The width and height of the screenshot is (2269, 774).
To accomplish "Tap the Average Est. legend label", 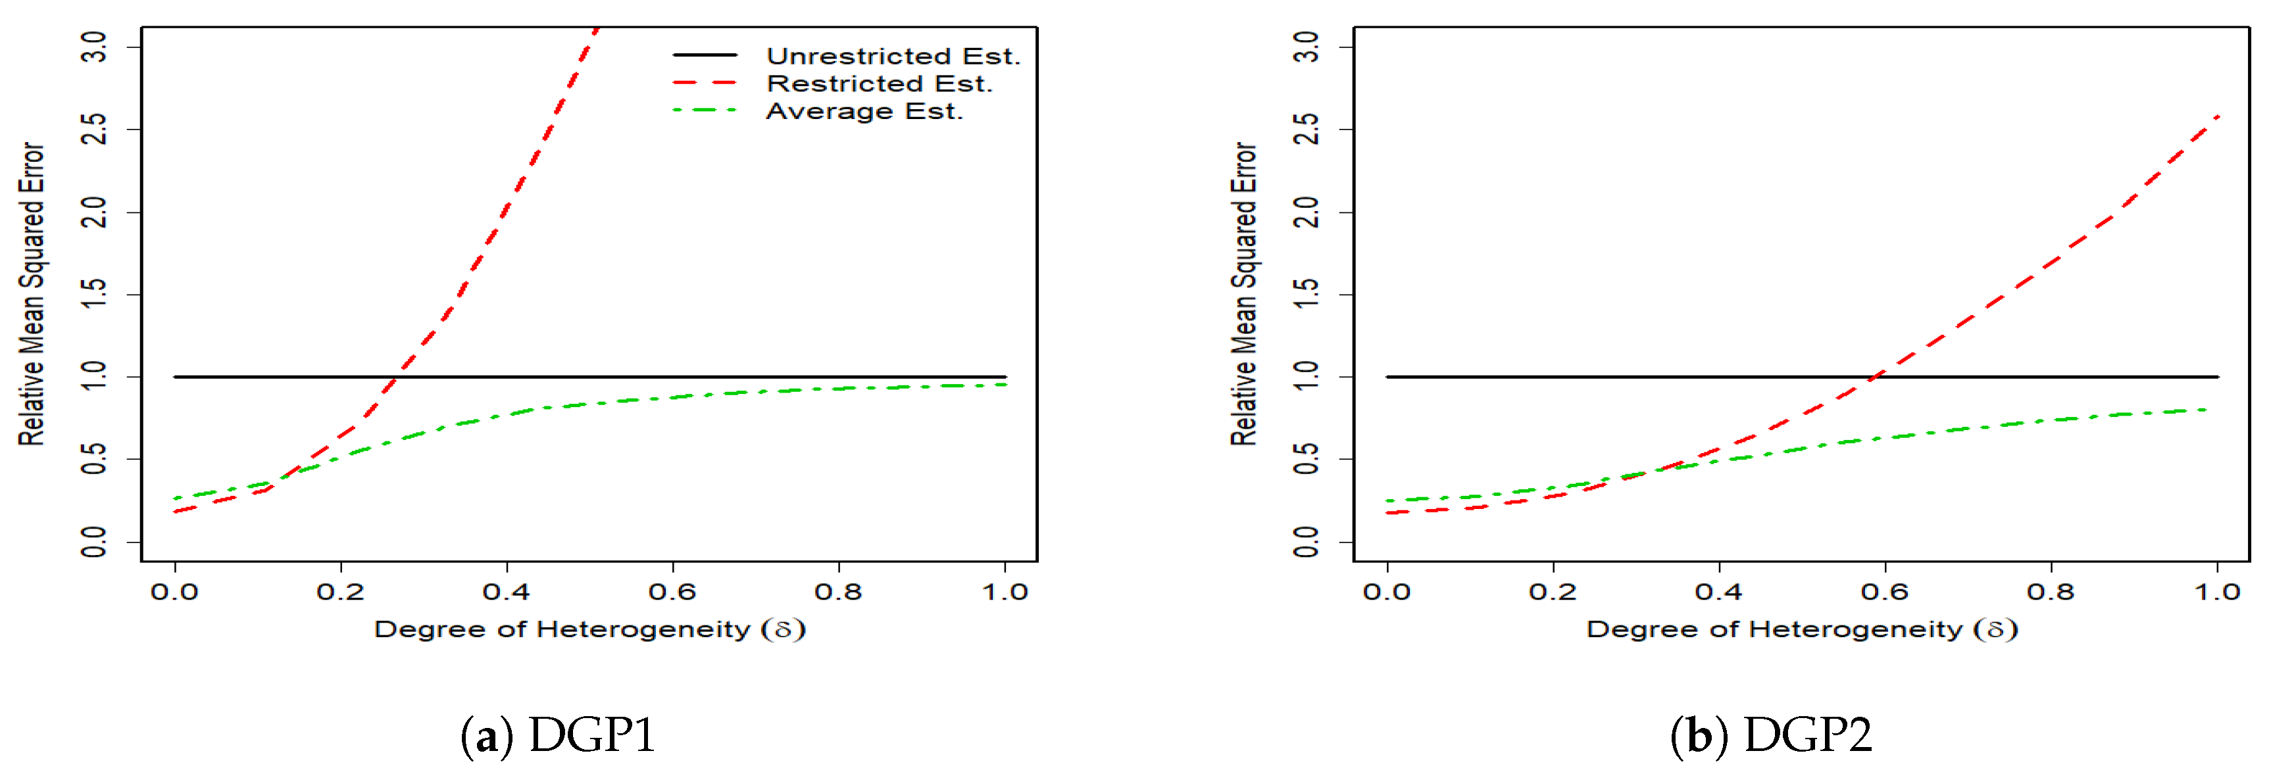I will [864, 112].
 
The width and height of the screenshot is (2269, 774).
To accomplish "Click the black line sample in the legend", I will [705, 55].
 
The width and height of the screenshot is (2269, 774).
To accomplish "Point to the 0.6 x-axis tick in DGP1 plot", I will [672, 592].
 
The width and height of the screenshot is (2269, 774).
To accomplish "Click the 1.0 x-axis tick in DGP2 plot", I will [2217, 592].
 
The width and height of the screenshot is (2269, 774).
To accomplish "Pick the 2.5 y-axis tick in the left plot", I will [94, 130].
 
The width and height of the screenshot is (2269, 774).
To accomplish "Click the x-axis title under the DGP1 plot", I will [589, 629].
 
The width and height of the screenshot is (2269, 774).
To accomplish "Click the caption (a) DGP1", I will [559, 735].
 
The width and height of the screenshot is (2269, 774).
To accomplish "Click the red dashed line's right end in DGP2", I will [2217, 116].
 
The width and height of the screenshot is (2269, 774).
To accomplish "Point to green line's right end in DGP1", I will [1005, 385].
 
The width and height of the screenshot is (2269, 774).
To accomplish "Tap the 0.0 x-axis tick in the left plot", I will [174, 592].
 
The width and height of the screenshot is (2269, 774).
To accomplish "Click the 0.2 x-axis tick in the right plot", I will [1553, 592].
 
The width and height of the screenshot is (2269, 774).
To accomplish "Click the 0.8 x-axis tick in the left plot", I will [839, 592].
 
